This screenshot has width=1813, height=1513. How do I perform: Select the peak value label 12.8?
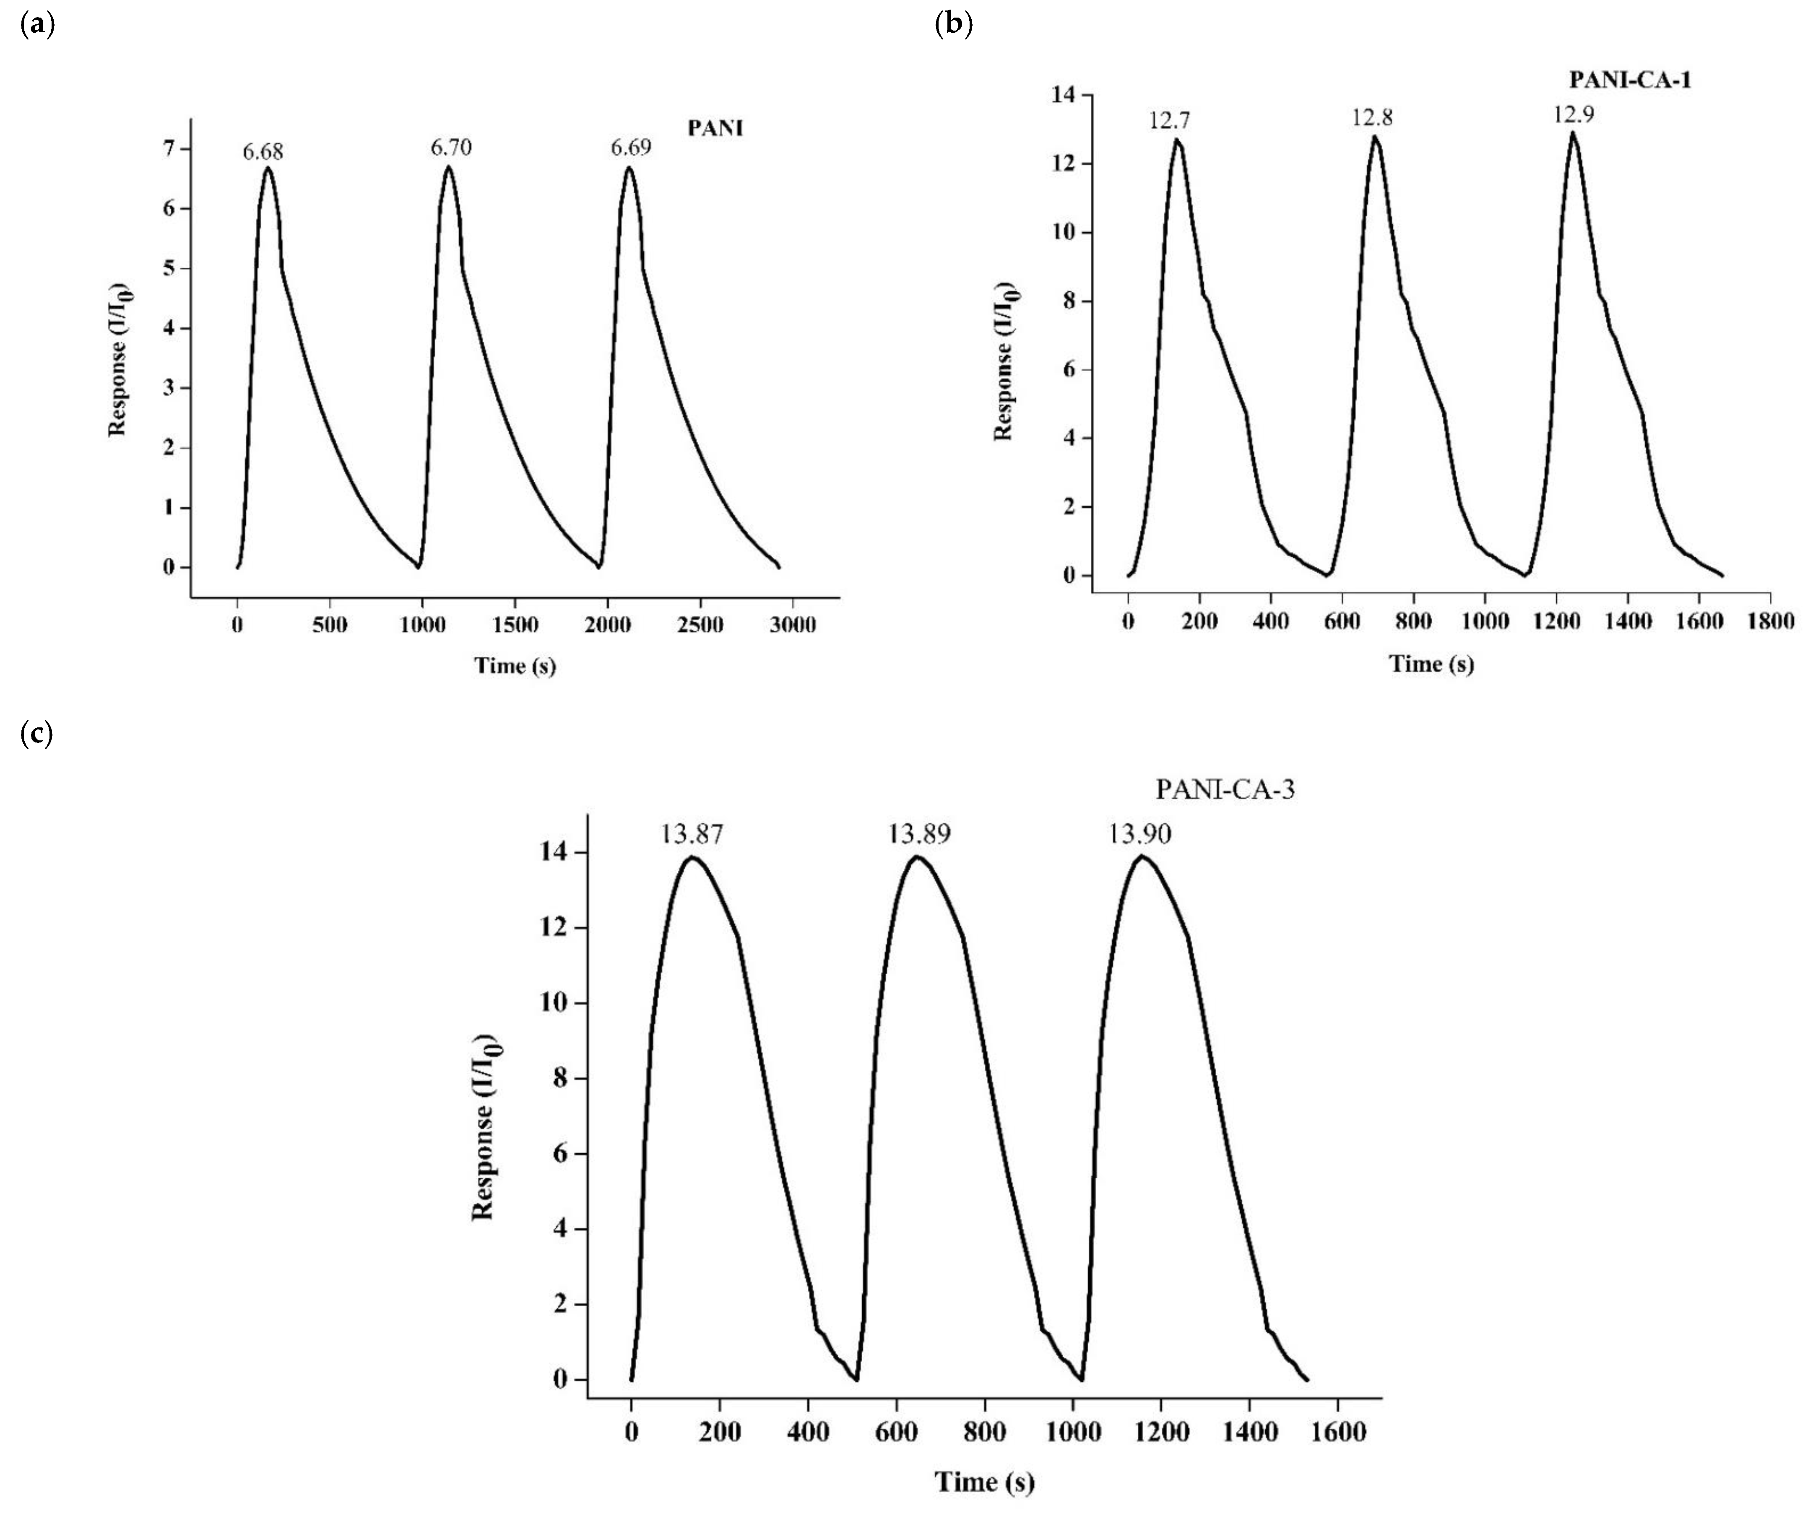tap(1372, 117)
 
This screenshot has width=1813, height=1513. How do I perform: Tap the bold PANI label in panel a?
tap(715, 129)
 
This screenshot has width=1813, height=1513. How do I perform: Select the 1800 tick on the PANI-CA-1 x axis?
tap(1770, 621)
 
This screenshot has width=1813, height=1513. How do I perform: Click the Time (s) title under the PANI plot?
tap(515, 665)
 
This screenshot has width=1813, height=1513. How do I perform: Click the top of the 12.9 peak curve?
tap(1573, 133)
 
